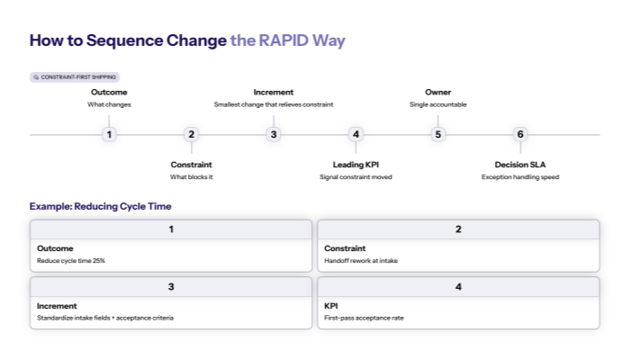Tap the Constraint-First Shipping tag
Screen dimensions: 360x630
point(75,77)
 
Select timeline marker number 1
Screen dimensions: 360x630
point(109,135)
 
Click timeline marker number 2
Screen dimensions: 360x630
point(191,135)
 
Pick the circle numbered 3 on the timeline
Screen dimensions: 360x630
point(274,135)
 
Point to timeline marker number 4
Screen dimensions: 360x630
point(355,135)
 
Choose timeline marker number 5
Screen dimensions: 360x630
point(438,135)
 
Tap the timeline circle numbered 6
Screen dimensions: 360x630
point(520,135)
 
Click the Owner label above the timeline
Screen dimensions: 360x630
point(437,92)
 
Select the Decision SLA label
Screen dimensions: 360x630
point(520,165)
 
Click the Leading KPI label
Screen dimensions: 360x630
point(355,165)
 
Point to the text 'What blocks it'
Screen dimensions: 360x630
point(191,177)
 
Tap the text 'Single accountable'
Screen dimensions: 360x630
point(437,104)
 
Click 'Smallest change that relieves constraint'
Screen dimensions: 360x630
point(274,104)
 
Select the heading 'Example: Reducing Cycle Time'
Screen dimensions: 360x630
point(101,206)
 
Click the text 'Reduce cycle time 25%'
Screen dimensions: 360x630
point(71,261)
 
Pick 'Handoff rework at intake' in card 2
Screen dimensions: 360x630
point(361,261)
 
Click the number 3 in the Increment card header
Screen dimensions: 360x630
point(171,286)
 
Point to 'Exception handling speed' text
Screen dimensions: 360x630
point(520,177)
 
